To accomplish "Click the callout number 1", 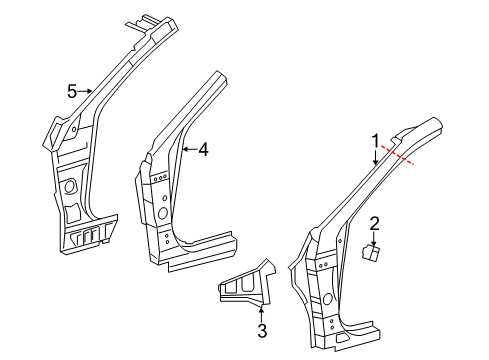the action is tap(376, 141).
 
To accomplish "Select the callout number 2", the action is tap(375, 224).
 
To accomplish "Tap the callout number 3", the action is tap(262, 331).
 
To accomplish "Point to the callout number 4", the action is tap(203, 149).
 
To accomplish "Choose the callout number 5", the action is tap(72, 91).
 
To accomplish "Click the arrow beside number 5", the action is tap(85, 91).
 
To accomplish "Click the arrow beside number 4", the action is tap(190, 149).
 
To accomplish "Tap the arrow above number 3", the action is tap(262, 314).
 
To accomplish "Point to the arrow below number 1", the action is tap(376, 157).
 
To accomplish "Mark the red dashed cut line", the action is tap(397, 155).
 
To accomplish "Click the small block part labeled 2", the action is tap(371, 252).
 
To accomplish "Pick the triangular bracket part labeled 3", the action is tap(248, 283).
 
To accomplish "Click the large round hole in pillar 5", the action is tap(70, 186).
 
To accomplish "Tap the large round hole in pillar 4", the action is tap(163, 213).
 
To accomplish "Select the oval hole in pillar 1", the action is tap(328, 298).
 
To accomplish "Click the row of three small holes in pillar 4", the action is tap(160, 178).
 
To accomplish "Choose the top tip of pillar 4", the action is tap(217, 71).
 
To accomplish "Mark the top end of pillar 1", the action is tap(434, 118).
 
